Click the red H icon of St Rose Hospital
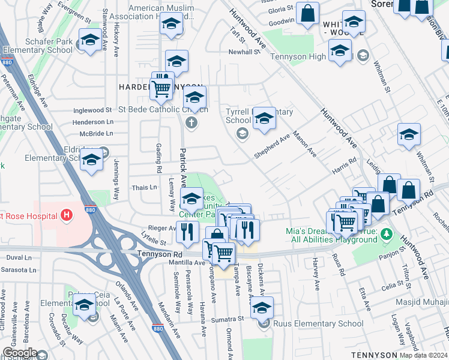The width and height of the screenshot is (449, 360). coord(67,214)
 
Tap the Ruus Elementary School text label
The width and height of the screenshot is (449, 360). coord(318,324)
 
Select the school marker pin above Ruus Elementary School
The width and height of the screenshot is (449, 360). coord(262,308)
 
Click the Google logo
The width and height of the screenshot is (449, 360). coord(20,353)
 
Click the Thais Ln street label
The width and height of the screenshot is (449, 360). coord(144,187)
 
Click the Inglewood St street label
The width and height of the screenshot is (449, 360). coord(92,110)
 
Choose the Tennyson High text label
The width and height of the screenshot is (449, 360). coord(298,57)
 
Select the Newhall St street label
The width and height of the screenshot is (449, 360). coord(244,52)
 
